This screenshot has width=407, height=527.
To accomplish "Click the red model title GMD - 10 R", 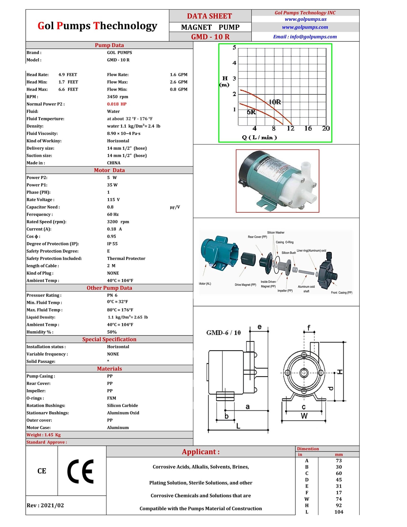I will [x=210, y=37].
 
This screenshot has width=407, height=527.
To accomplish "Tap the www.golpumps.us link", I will [x=305, y=19].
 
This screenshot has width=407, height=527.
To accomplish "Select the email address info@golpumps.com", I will [x=305, y=37].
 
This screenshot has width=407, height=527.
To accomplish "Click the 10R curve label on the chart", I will [x=275, y=102].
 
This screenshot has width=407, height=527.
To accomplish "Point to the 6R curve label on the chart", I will [x=251, y=112].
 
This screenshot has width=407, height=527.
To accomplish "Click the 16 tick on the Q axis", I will [x=308, y=129].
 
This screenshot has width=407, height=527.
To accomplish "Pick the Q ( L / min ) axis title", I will [x=259, y=138].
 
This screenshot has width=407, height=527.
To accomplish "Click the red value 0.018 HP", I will [x=117, y=104].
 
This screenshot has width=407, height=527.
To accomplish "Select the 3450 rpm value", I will [x=118, y=97].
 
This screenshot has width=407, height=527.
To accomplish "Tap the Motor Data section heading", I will [x=109, y=170].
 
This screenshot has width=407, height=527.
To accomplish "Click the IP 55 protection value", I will [x=112, y=244].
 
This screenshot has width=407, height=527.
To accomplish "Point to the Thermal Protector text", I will [x=126, y=259].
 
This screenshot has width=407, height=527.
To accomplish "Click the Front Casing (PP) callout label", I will [x=341, y=293].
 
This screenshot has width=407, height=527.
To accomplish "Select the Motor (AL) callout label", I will [x=205, y=284].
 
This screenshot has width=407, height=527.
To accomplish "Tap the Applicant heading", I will [x=200, y=452].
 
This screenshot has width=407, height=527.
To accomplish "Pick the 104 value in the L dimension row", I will [x=339, y=512].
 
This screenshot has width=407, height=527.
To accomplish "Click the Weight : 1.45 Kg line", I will [x=43, y=435].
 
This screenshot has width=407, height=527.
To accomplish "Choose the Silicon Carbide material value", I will [x=122, y=406].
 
